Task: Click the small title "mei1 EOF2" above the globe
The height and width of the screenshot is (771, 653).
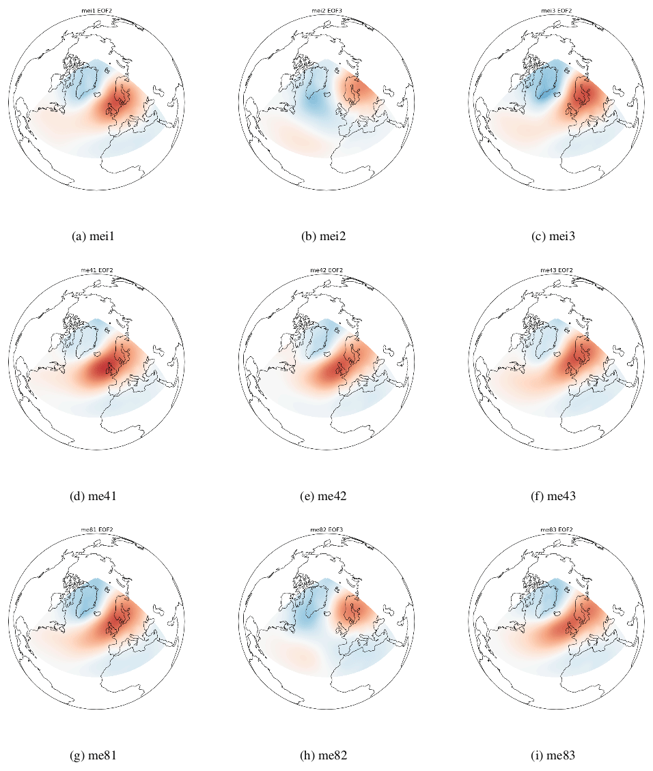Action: point(97,11)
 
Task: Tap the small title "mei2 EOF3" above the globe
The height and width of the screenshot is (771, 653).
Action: point(326,11)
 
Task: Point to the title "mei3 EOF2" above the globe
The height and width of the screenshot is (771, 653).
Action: point(556,11)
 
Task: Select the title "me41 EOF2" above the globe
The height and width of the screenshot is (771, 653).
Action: point(97,270)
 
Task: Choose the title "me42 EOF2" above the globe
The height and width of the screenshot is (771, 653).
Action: point(326,270)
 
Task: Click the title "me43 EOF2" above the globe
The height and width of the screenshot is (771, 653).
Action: point(556,270)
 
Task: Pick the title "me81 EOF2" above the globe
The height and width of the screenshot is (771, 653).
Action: point(97,529)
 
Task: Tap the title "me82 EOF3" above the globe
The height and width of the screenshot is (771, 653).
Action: point(326,529)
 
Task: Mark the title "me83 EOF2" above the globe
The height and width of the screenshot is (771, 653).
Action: point(556,529)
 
